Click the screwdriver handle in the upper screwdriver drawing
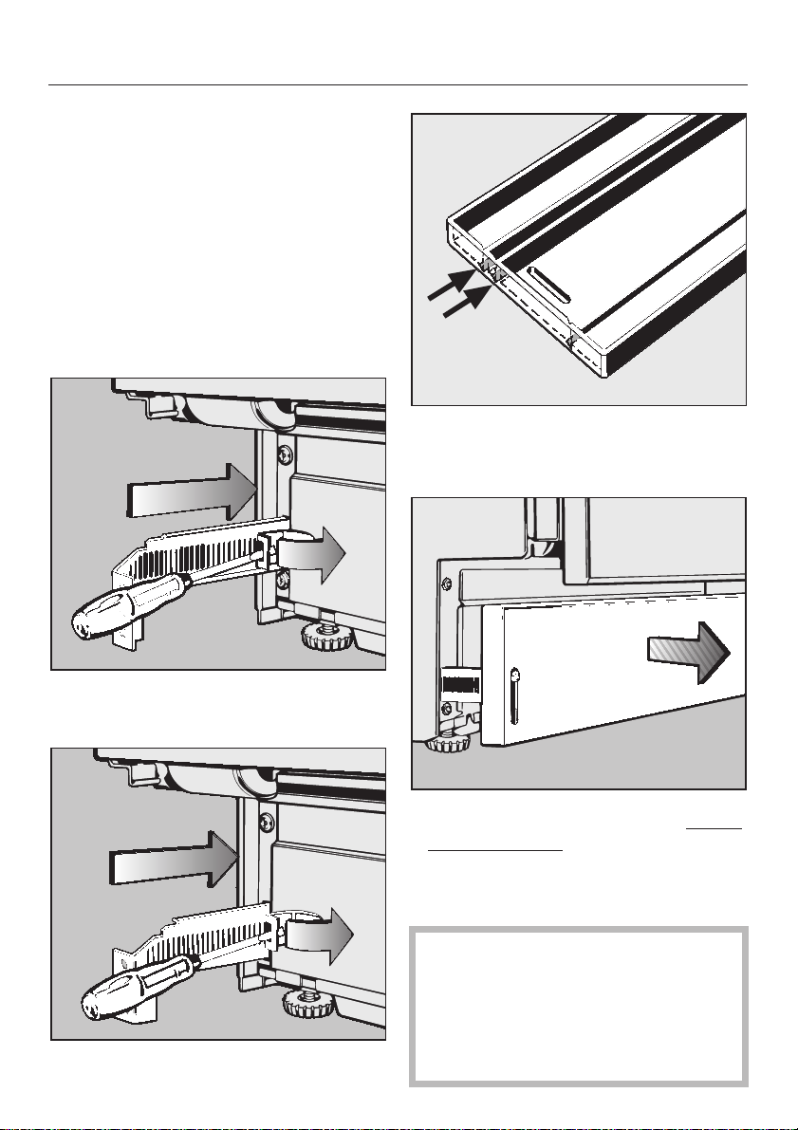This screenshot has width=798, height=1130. click(109, 618)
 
